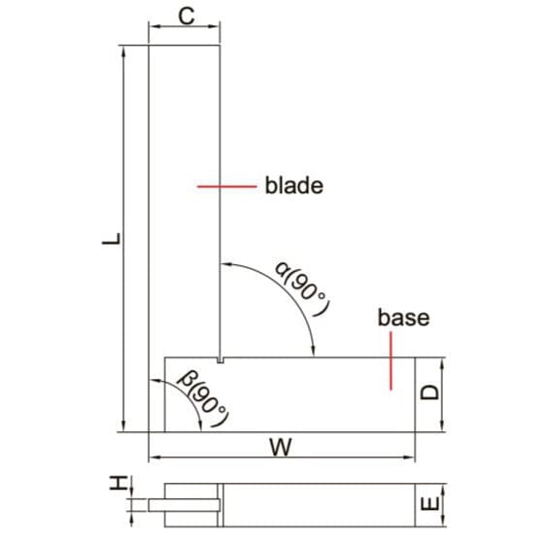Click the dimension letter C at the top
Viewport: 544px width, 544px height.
(185, 16)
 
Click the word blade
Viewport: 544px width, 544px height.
(293, 185)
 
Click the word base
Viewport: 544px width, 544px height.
(403, 318)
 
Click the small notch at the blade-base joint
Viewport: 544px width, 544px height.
(221, 360)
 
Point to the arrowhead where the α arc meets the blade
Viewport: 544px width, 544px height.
(226, 263)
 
